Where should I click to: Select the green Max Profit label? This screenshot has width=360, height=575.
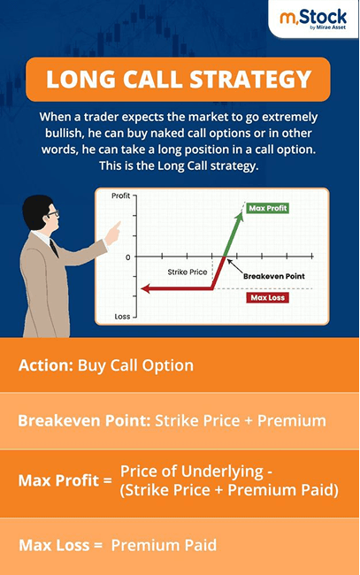click(x=268, y=208)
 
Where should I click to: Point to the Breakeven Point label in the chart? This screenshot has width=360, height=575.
click(x=273, y=276)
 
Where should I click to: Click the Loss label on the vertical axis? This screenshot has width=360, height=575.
click(x=122, y=315)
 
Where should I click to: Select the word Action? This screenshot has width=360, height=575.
click(x=45, y=364)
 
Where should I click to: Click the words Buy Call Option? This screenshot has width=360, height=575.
click(x=135, y=364)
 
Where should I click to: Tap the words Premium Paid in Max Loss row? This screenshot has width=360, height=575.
click(x=164, y=545)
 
